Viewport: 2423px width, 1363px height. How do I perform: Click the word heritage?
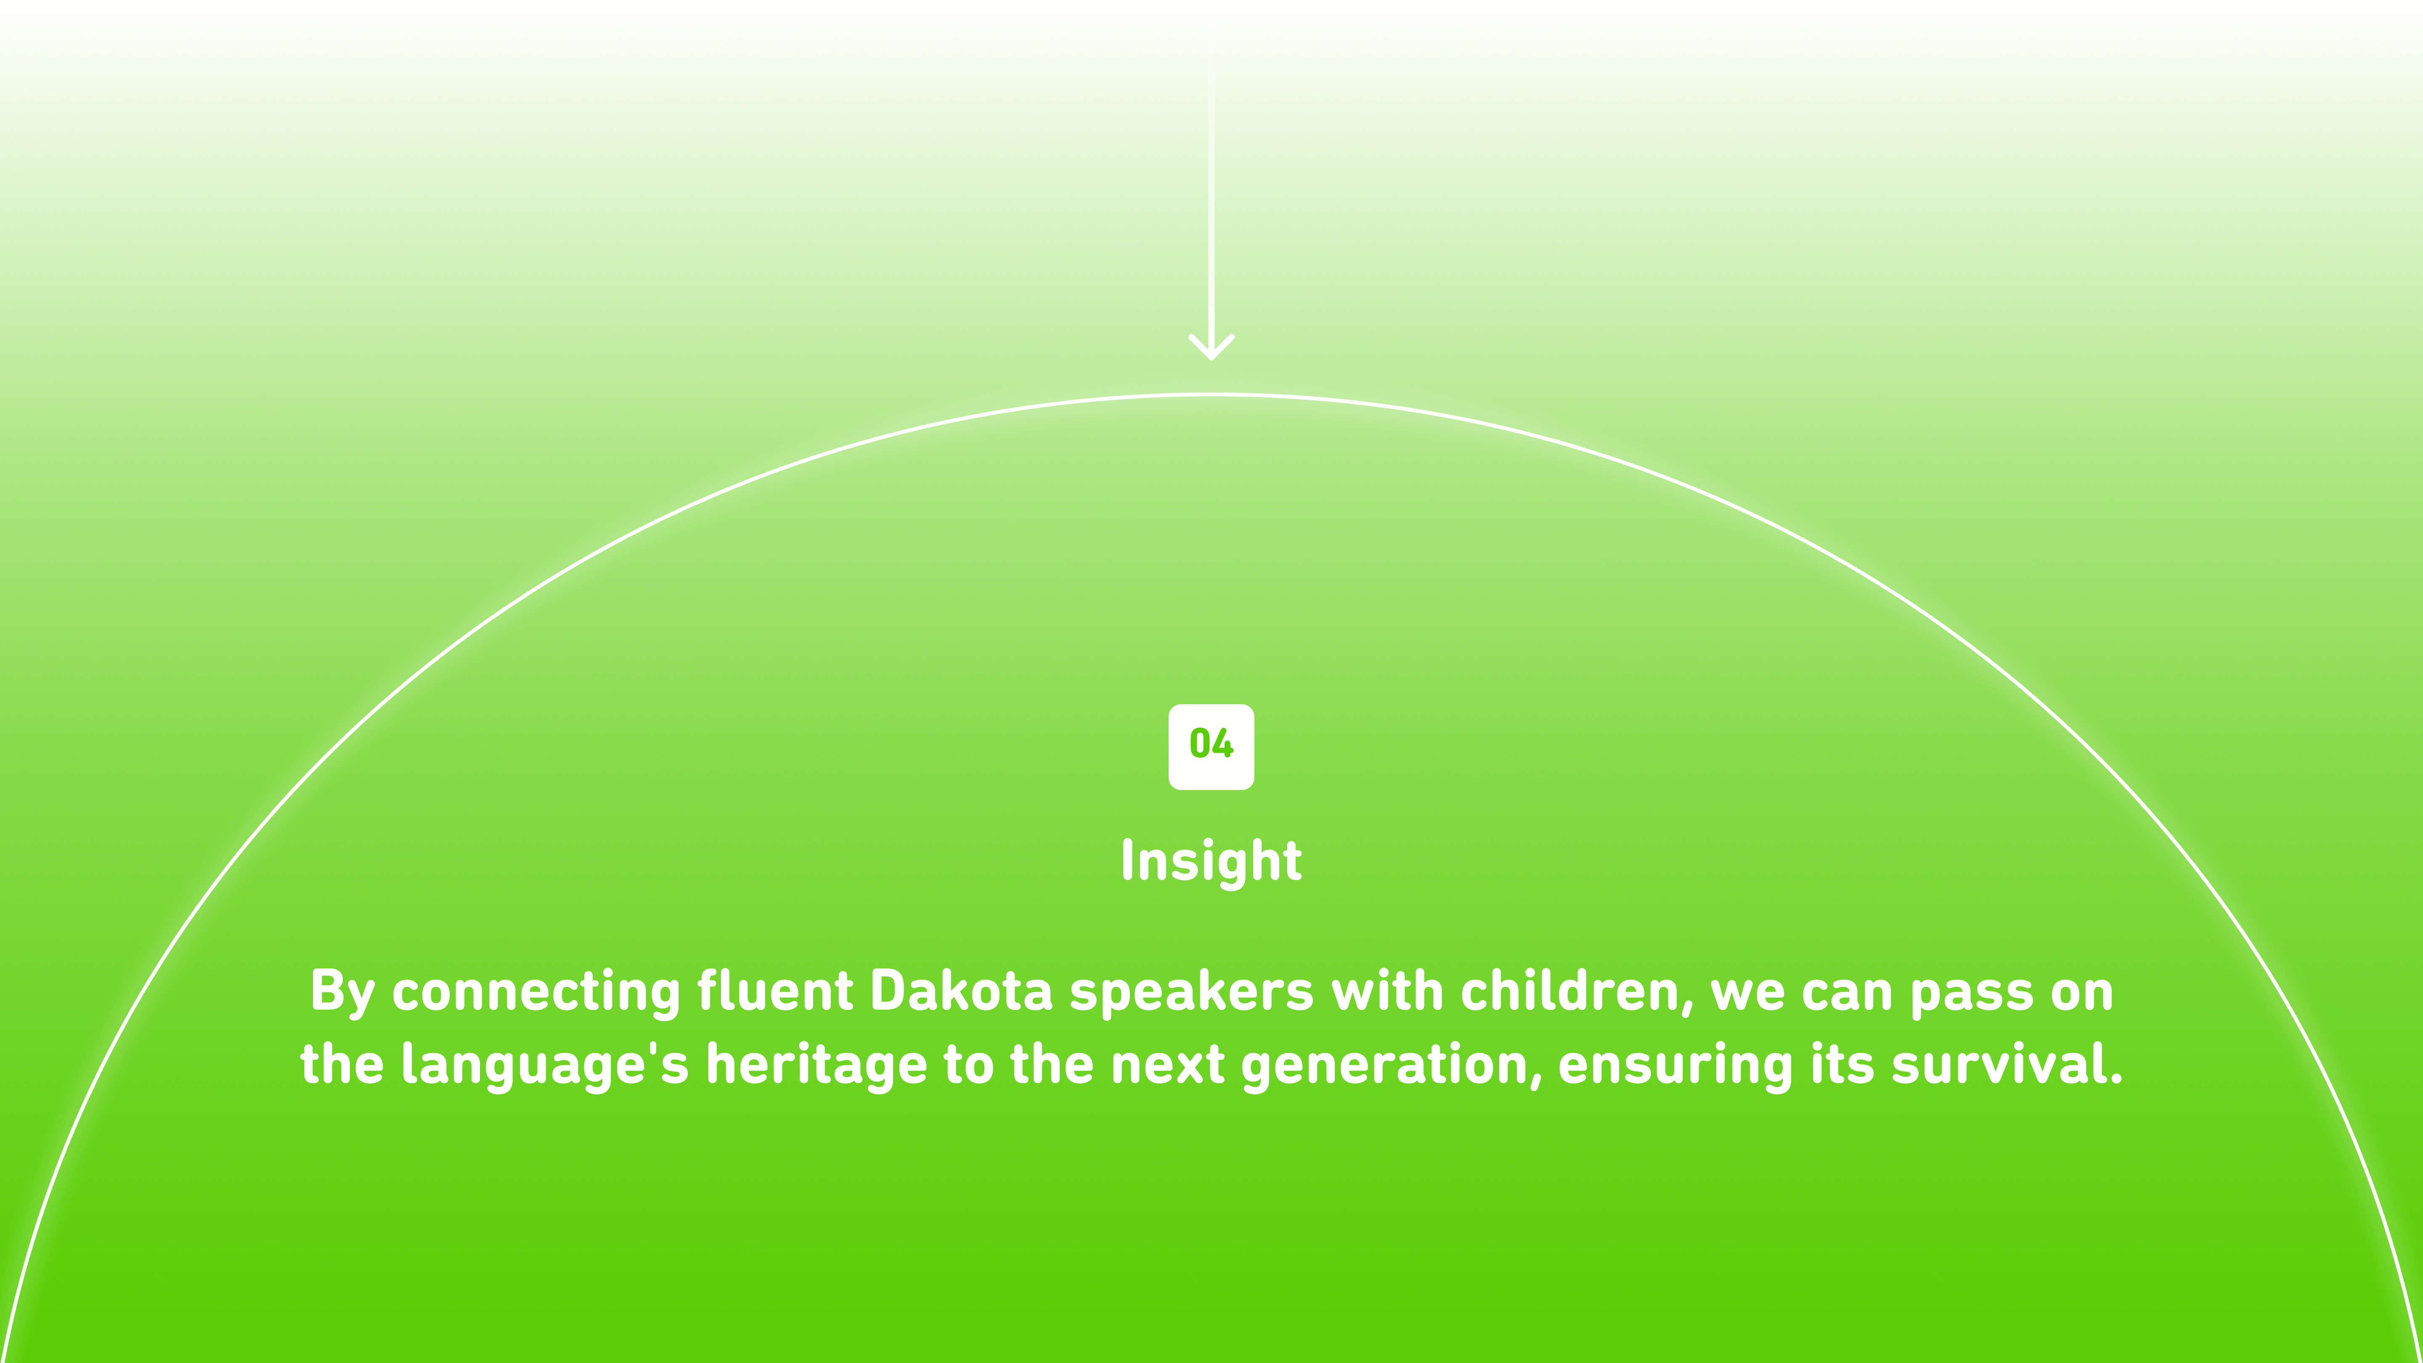(817, 1066)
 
